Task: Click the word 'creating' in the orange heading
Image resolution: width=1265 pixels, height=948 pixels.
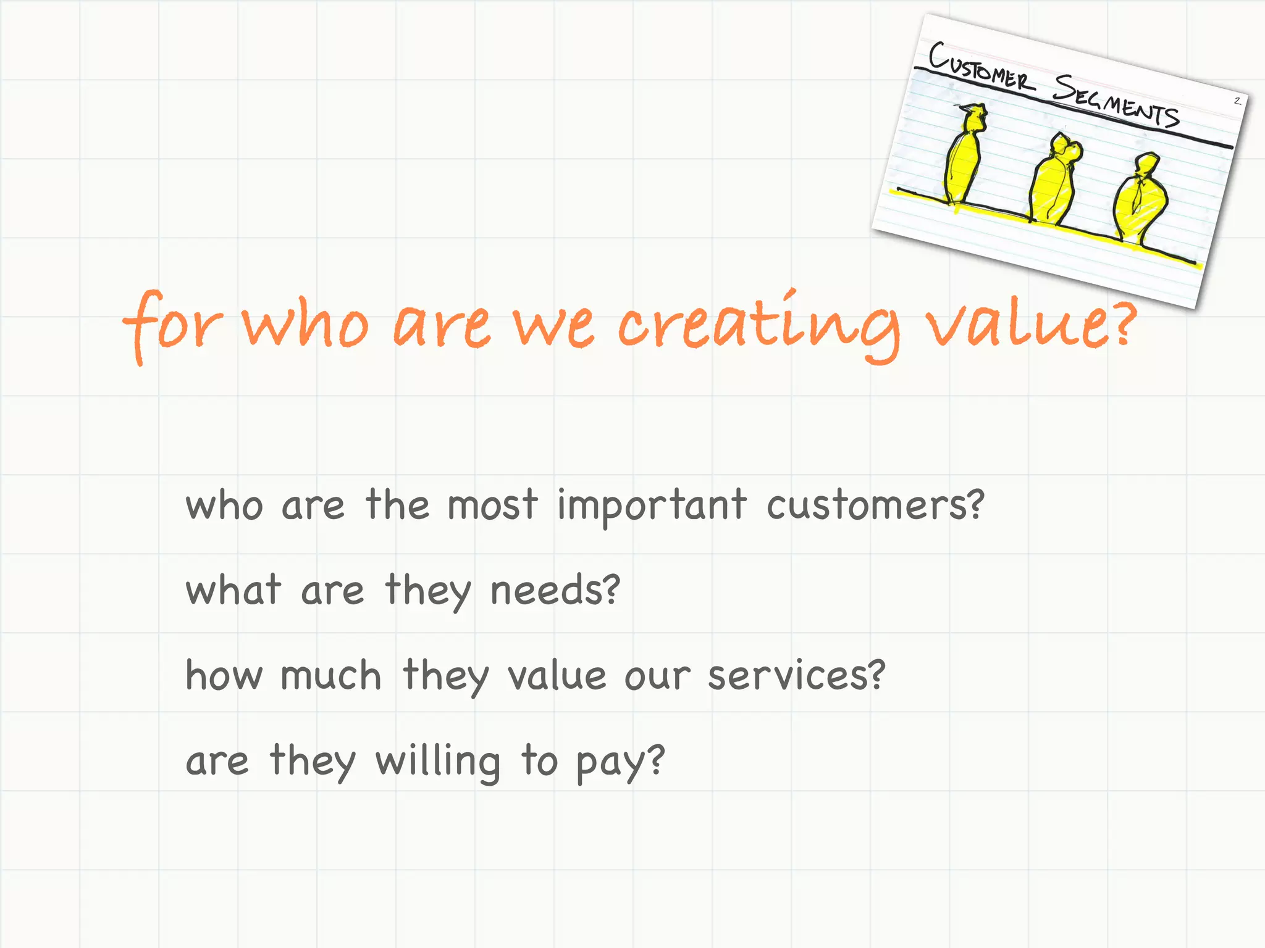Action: click(x=759, y=326)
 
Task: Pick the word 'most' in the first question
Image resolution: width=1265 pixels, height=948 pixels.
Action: click(x=492, y=505)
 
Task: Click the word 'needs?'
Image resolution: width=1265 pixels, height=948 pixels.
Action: click(x=555, y=590)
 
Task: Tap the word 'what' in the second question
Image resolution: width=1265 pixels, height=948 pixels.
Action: click(x=233, y=590)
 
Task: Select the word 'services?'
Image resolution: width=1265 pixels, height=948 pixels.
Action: click(x=797, y=675)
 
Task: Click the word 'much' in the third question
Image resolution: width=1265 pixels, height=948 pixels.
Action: click(x=331, y=675)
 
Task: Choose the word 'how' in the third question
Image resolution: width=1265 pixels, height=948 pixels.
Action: click(x=224, y=675)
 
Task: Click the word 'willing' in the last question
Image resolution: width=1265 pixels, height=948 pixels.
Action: click(x=438, y=762)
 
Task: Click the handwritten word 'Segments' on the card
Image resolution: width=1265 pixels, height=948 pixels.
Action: click(x=1116, y=101)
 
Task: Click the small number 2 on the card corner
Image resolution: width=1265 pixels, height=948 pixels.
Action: click(x=1237, y=101)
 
